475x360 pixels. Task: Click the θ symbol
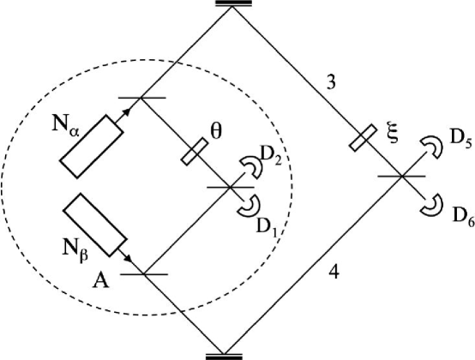point(218,135)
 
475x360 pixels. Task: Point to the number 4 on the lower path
point(334,276)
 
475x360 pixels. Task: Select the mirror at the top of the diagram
point(226,5)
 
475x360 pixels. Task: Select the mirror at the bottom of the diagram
point(225,354)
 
